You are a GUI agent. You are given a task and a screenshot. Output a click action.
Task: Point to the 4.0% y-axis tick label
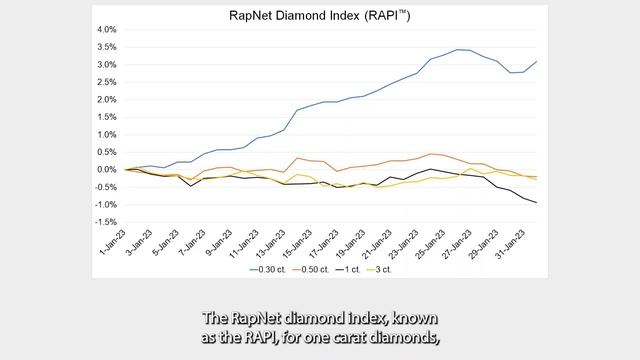tap(105, 30)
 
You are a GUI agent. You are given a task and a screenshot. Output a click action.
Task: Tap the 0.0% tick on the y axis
tap(105, 169)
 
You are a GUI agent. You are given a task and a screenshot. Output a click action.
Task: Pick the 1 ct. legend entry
tap(354, 269)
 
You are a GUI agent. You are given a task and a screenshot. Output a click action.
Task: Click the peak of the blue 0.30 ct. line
tap(458, 49)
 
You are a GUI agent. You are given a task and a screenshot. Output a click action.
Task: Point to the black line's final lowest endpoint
tap(536, 203)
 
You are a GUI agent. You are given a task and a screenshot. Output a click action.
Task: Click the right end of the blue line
tap(536, 62)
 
